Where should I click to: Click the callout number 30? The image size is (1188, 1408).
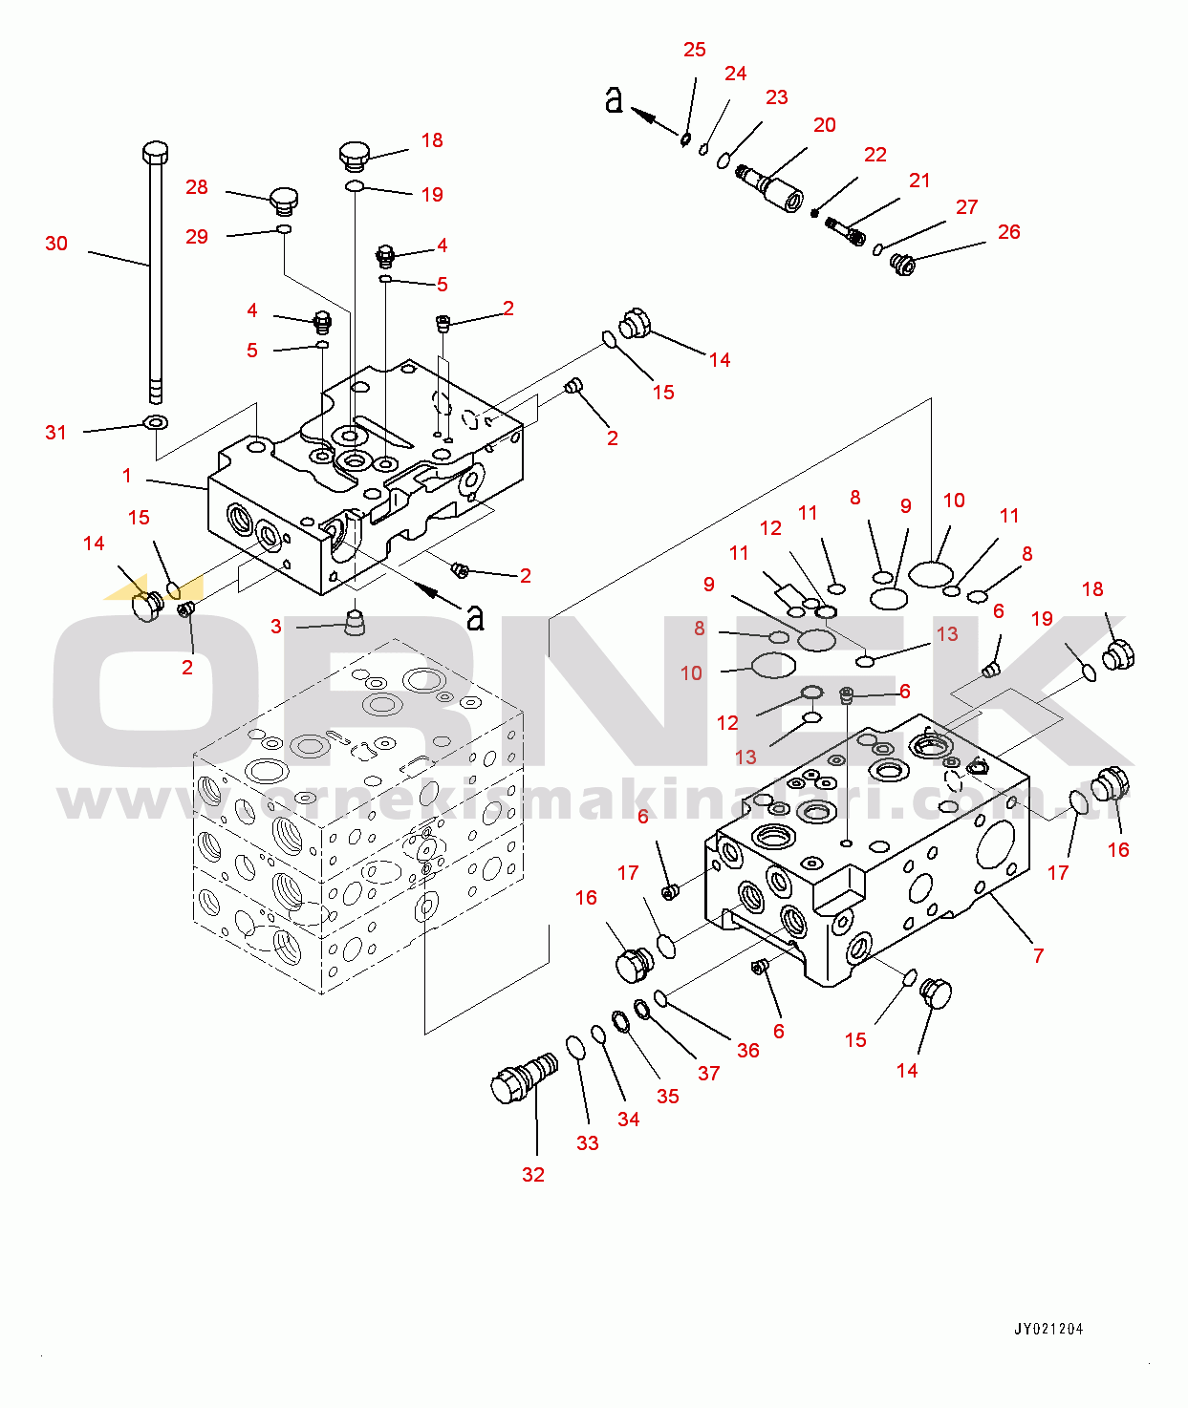pyautogui.click(x=56, y=244)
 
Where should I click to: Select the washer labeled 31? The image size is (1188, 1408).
pyautogui.click(x=157, y=423)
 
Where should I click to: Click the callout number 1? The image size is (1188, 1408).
pyautogui.click(x=127, y=476)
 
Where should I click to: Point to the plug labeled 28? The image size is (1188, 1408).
pyautogui.click(x=285, y=198)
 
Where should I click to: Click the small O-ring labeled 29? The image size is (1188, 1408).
pyautogui.click(x=285, y=229)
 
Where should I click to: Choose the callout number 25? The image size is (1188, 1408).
pyautogui.click(x=694, y=50)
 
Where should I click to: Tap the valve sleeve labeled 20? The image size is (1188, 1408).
pyautogui.click(x=769, y=187)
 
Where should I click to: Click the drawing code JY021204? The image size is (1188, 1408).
pyautogui.click(x=1049, y=1329)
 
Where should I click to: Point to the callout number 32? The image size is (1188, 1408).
pyautogui.click(x=533, y=1175)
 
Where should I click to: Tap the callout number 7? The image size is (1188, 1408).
pyautogui.click(x=1038, y=955)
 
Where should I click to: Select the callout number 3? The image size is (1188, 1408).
pyautogui.click(x=276, y=627)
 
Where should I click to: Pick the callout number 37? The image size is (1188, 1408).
pyautogui.click(x=708, y=1073)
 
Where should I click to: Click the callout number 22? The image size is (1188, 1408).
pyautogui.click(x=875, y=155)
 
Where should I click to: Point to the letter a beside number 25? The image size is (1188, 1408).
pyautogui.click(x=614, y=99)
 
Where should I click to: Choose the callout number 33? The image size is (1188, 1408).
pyautogui.click(x=588, y=1143)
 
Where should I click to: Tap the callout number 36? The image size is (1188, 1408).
pyautogui.click(x=748, y=1050)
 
